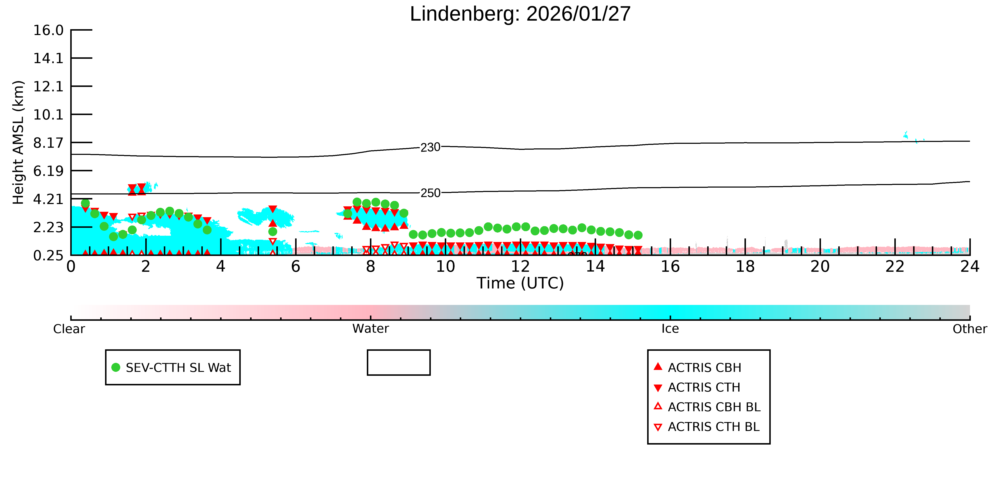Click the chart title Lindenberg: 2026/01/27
click(x=520, y=14)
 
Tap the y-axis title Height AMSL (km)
click(x=18, y=143)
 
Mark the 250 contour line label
click(x=431, y=193)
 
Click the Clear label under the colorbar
click(x=69, y=329)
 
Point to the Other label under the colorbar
click(x=970, y=329)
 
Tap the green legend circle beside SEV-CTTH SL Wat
click(x=116, y=367)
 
